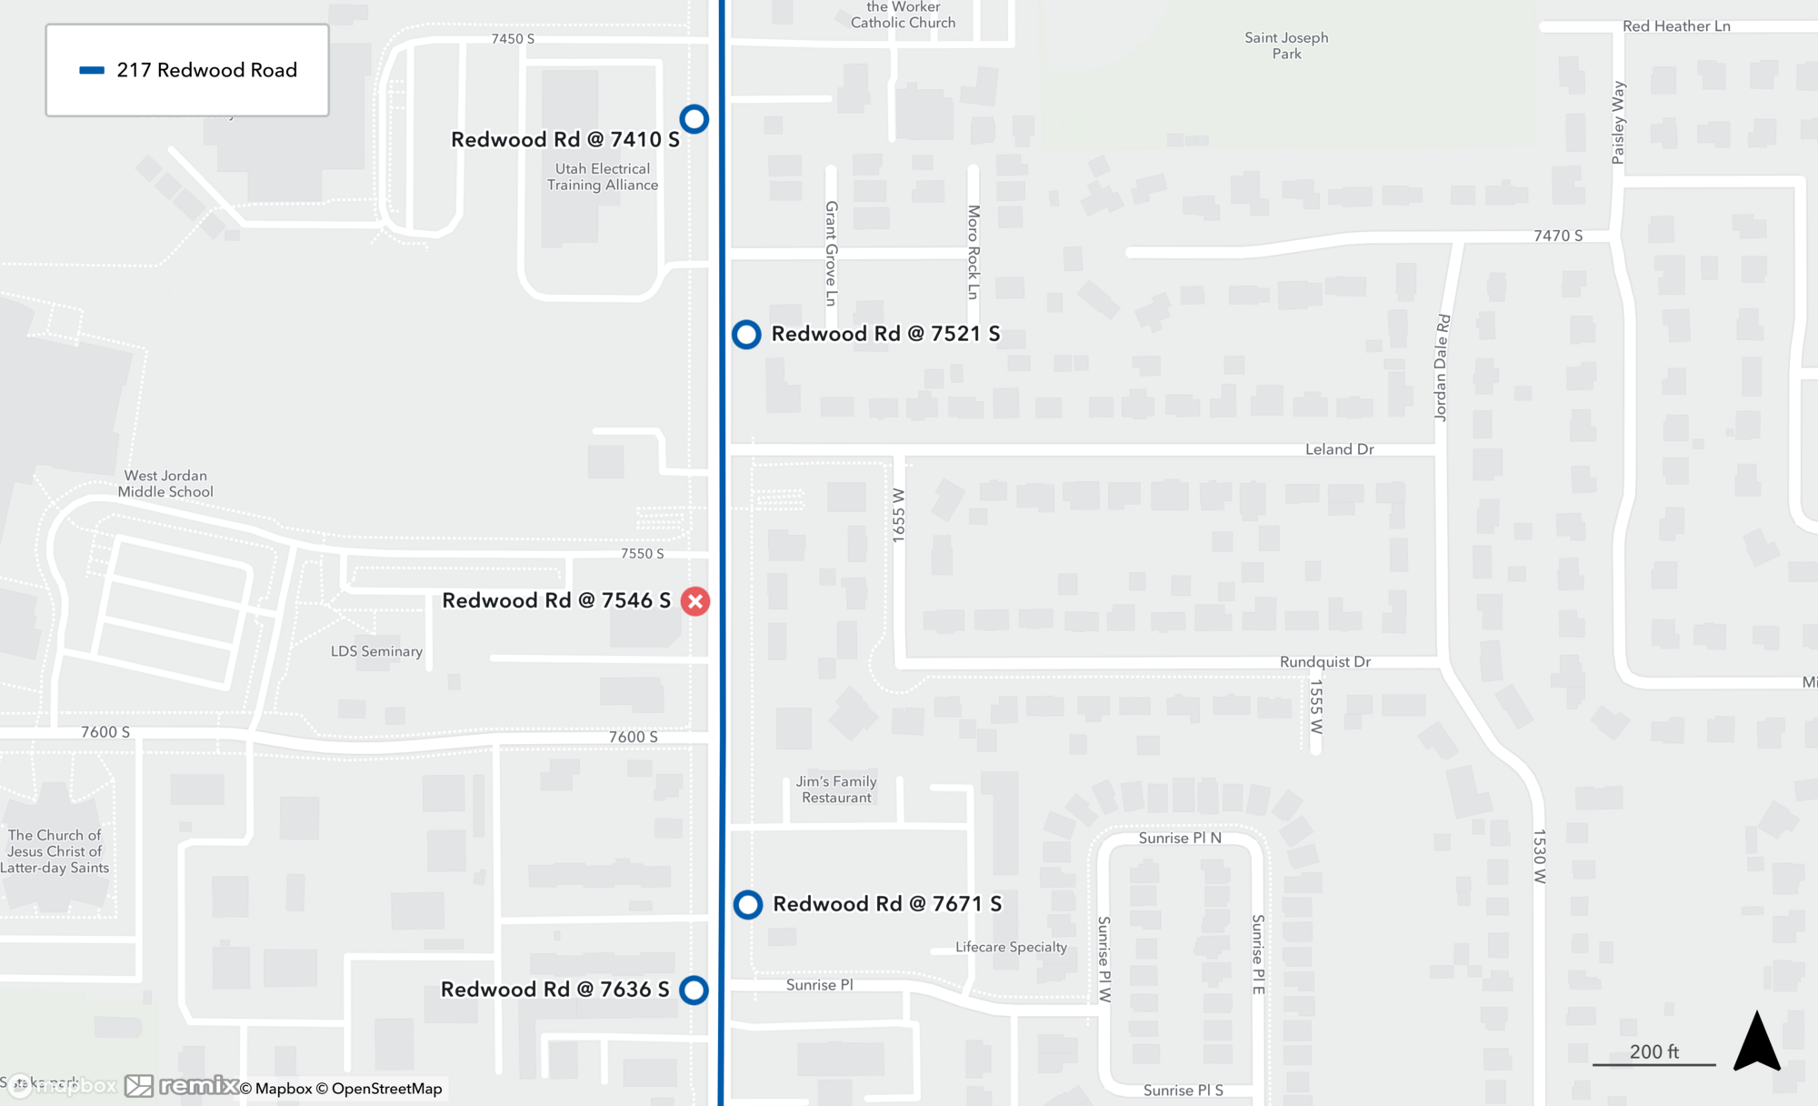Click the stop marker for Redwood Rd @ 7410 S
(x=694, y=119)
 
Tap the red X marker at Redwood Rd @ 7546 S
(x=695, y=601)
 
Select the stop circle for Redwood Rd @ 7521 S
(x=746, y=335)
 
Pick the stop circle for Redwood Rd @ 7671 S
(x=748, y=905)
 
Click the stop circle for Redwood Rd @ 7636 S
(x=694, y=990)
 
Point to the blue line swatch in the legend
(x=92, y=70)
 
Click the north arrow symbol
(x=1756, y=1042)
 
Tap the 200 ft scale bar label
(x=1653, y=1051)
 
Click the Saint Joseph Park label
(x=1286, y=45)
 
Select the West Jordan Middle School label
(x=165, y=484)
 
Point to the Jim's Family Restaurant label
(x=836, y=789)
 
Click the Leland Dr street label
(x=1339, y=449)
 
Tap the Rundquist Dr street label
(x=1324, y=662)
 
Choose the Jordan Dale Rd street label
(x=1442, y=367)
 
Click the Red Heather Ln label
(x=1676, y=26)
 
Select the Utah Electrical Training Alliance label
(x=603, y=176)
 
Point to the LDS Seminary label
(x=376, y=651)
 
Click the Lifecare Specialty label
(x=1011, y=947)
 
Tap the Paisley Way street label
(x=1618, y=123)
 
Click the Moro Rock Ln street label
(x=974, y=252)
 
